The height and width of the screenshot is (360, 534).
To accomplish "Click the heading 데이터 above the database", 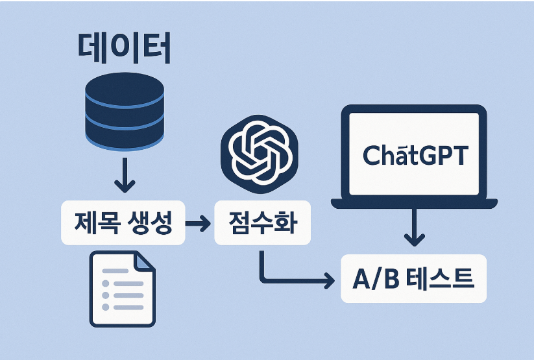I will (x=123, y=49).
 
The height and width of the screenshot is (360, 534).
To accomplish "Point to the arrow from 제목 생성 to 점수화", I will (x=197, y=224).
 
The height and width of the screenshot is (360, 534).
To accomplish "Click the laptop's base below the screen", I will (x=414, y=203).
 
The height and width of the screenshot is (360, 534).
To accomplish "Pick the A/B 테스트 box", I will (x=413, y=280).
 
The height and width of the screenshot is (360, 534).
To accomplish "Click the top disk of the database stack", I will (x=123, y=88).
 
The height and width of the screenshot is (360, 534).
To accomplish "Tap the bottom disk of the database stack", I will (x=123, y=132).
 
